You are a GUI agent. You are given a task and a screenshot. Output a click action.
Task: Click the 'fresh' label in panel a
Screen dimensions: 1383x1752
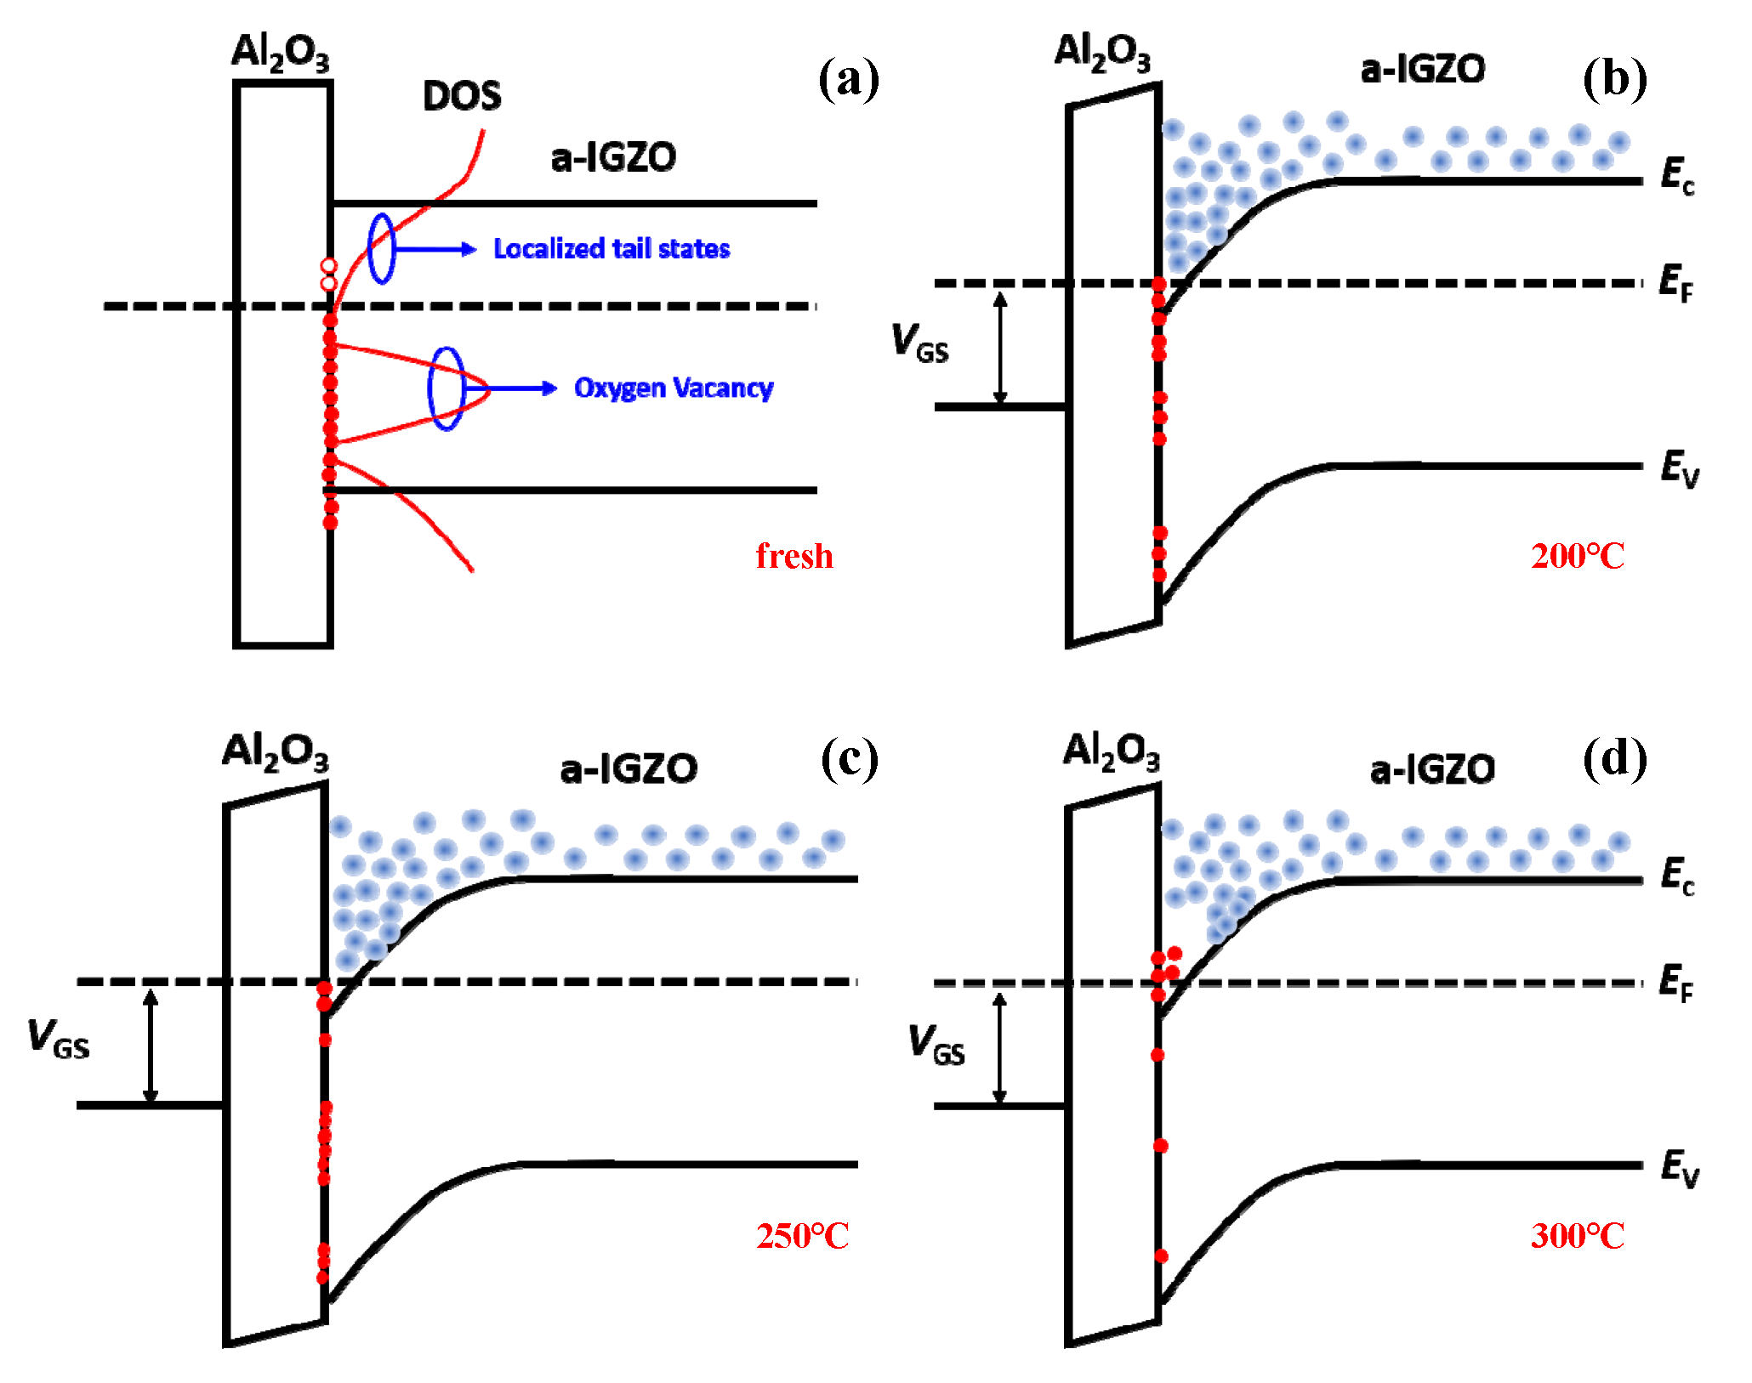point(794,556)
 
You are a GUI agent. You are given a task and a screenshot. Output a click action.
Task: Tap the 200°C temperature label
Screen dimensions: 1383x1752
point(1577,556)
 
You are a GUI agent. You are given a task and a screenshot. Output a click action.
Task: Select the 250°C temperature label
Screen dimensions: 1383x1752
point(802,1235)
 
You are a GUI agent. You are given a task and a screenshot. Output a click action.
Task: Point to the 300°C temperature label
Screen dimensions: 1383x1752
point(1577,1235)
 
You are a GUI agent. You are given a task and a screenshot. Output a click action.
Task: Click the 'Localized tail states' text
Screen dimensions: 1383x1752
point(611,248)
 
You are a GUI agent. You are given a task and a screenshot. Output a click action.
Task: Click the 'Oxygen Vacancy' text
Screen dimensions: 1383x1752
point(673,388)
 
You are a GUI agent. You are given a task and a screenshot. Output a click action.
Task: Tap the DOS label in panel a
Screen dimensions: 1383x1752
point(462,96)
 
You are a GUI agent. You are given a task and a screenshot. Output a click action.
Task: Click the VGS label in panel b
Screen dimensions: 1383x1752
point(919,343)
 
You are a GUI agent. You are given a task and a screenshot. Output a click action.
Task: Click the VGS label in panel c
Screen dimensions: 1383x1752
point(58,1039)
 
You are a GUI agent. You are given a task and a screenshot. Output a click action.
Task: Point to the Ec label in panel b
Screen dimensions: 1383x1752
point(1677,177)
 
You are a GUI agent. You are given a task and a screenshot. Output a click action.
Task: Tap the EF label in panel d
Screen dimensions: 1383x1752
point(1675,983)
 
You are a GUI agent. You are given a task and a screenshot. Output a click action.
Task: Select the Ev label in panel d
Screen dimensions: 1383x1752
point(1679,1168)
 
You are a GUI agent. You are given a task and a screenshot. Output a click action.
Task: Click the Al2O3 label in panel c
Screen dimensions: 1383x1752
point(274,753)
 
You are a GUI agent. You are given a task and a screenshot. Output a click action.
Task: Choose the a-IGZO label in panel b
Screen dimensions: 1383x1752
point(1422,70)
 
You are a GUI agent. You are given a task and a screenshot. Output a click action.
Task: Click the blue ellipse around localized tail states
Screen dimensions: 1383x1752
point(381,248)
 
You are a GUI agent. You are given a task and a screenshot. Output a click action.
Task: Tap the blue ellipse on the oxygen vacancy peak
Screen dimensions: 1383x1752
point(446,388)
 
